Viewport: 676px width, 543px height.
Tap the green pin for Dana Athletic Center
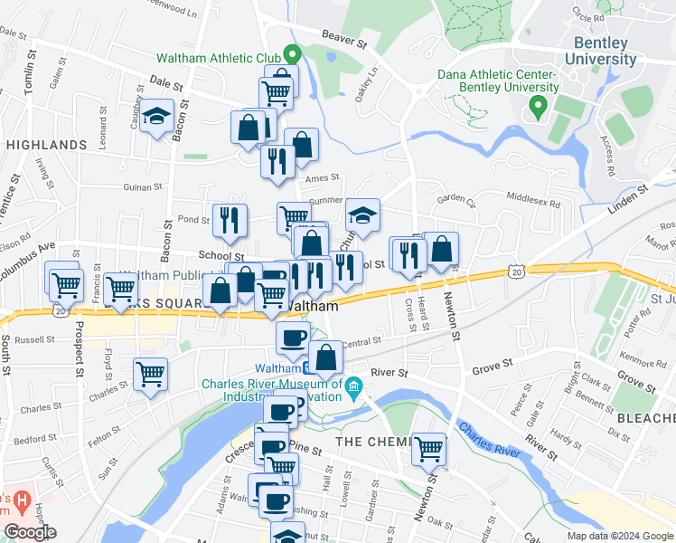pos(538,109)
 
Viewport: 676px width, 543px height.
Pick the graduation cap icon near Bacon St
pos(156,117)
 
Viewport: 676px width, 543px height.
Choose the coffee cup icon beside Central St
pos(292,338)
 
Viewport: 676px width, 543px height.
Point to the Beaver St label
pos(347,40)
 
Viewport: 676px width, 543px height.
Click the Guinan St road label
pos(142,187)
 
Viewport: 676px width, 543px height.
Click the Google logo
pos(30,532)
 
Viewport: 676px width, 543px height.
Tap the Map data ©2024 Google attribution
pos(619,536)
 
